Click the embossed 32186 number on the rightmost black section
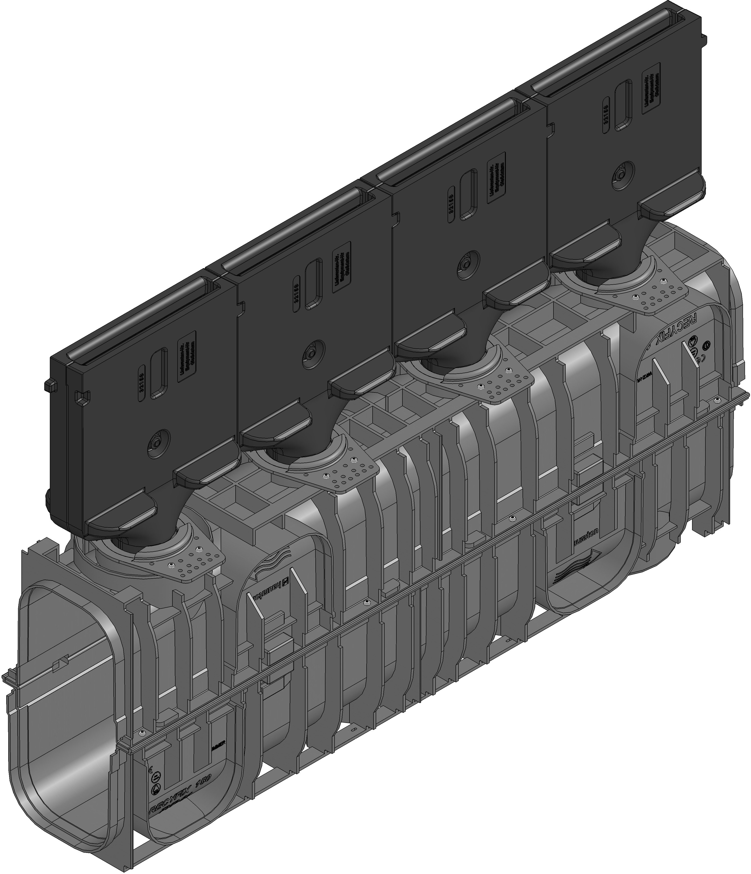[606, 113]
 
